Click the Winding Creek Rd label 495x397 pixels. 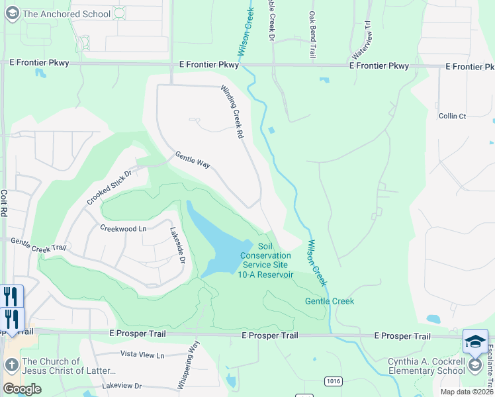[232, 113]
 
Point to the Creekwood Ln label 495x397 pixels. [123, 228]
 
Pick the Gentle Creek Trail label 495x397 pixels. [39, 244]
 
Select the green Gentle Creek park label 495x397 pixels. [330, 301]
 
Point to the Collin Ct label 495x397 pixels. [453, 116]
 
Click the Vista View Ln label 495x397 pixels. [142, 355]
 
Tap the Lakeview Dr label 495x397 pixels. [122, 385]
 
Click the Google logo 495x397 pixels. [22, 389]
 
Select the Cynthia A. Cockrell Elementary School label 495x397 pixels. [427, 367]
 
